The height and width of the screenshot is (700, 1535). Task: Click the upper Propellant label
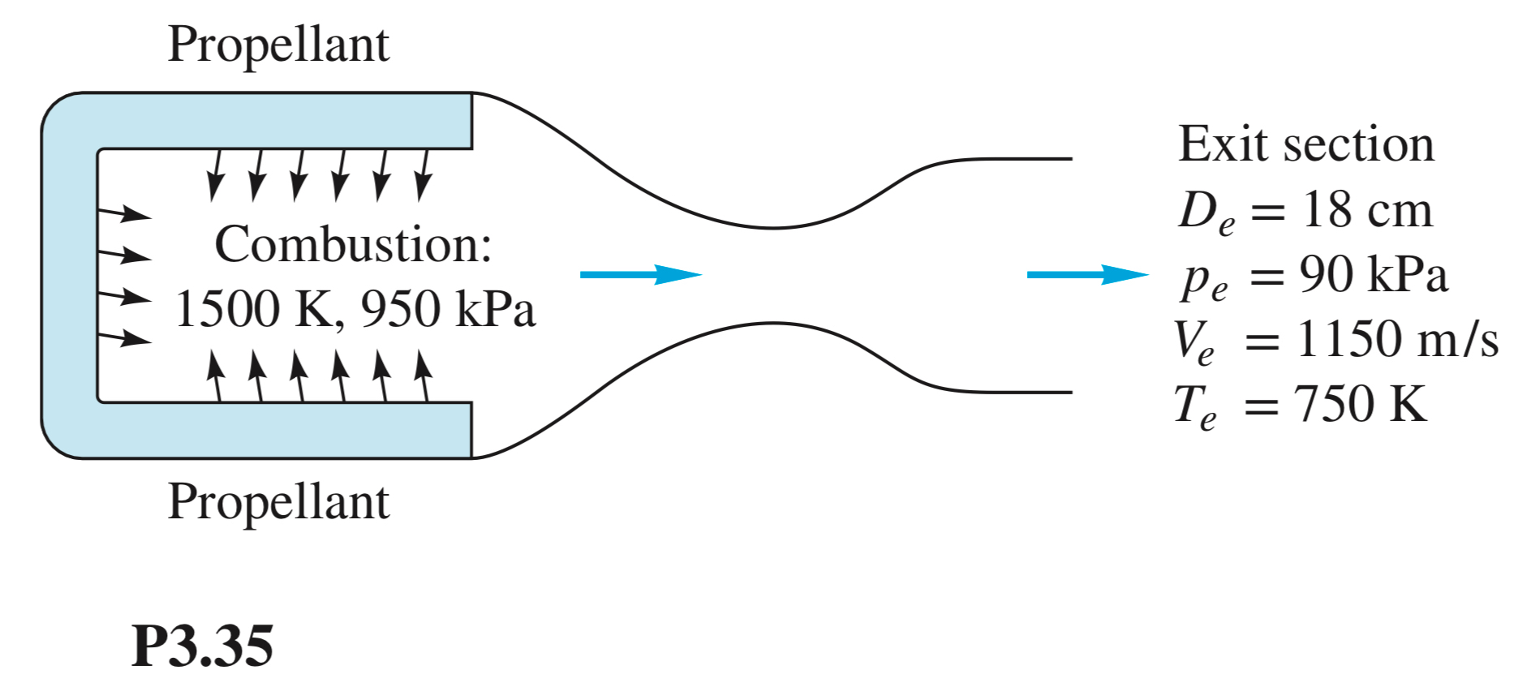click(x=278, y=45)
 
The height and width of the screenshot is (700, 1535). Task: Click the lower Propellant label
click(x=278, y=502)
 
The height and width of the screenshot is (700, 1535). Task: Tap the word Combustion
click(x=352, y=244)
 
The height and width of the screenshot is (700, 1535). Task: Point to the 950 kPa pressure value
click(x=448, y=309)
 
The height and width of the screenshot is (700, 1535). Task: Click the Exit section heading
click(x=1305, y=144)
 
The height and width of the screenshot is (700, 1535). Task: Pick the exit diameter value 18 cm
click(x=1367, y=210)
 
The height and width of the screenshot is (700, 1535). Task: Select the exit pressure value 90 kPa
click(x=1373, y=274)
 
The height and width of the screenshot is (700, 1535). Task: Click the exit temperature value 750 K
click(x=1360, y=403)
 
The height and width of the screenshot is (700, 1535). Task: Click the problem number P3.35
click(x=202, y=646)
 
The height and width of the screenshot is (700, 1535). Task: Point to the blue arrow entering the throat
click(x=640, y=274)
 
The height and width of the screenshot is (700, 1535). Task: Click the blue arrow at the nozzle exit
click(x=1087, y=274)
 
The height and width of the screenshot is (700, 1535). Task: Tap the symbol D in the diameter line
click(x=1198, y=210)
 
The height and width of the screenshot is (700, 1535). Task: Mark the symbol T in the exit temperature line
click(x=1189, y=403)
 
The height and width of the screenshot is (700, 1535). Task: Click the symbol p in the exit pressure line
click(x=1196, y=278)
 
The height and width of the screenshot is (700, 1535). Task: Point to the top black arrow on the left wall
click(x=124, y=213)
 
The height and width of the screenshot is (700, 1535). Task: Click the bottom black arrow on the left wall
click(x=124, y=337)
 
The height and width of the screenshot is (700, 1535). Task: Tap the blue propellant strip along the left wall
click(x=70, y=276)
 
